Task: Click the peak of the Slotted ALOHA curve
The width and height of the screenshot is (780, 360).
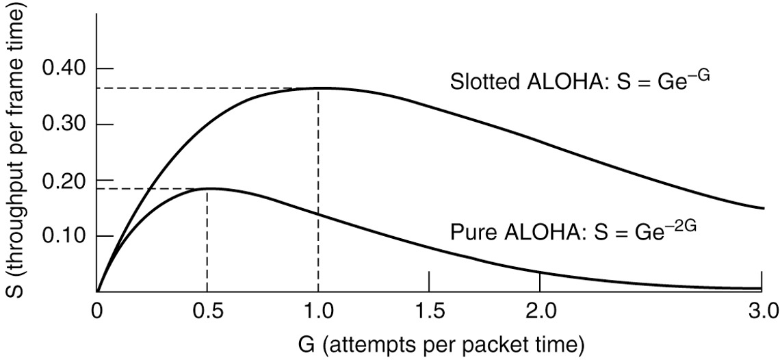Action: (319, 88)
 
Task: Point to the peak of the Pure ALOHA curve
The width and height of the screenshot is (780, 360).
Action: (207, 188)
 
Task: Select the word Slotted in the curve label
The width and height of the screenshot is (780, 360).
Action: (485, 81)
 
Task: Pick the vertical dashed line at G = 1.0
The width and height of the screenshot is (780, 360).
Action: (318, 192)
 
